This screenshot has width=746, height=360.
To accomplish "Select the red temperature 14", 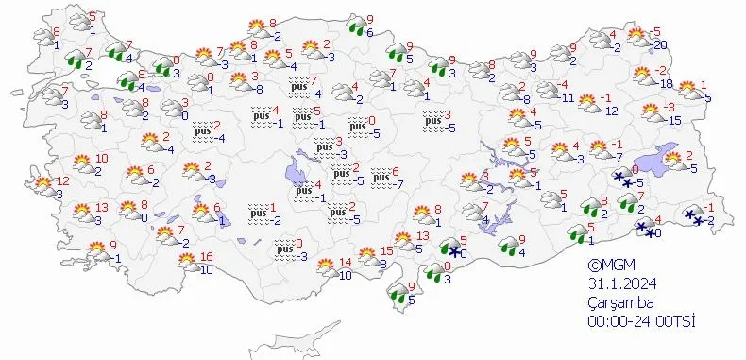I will point(345,263).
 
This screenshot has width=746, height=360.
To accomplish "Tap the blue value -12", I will point(610,111).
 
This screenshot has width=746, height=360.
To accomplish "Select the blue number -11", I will point(568,96).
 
